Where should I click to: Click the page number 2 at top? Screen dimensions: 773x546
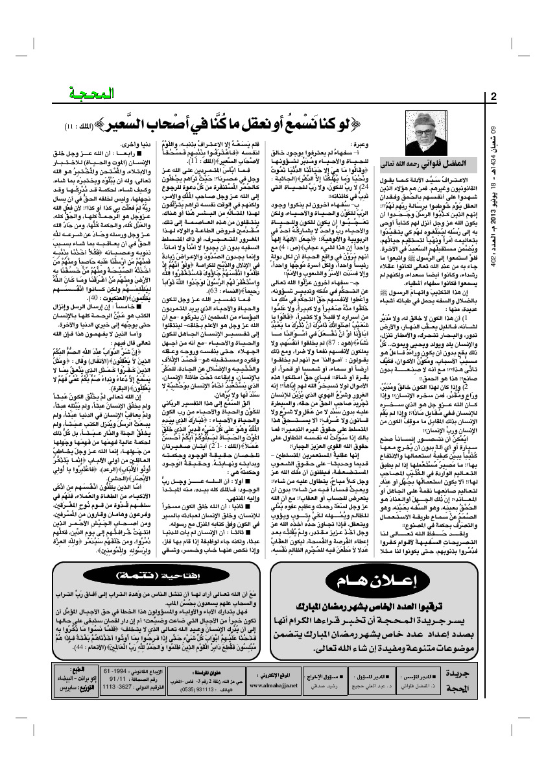point(494,97)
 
